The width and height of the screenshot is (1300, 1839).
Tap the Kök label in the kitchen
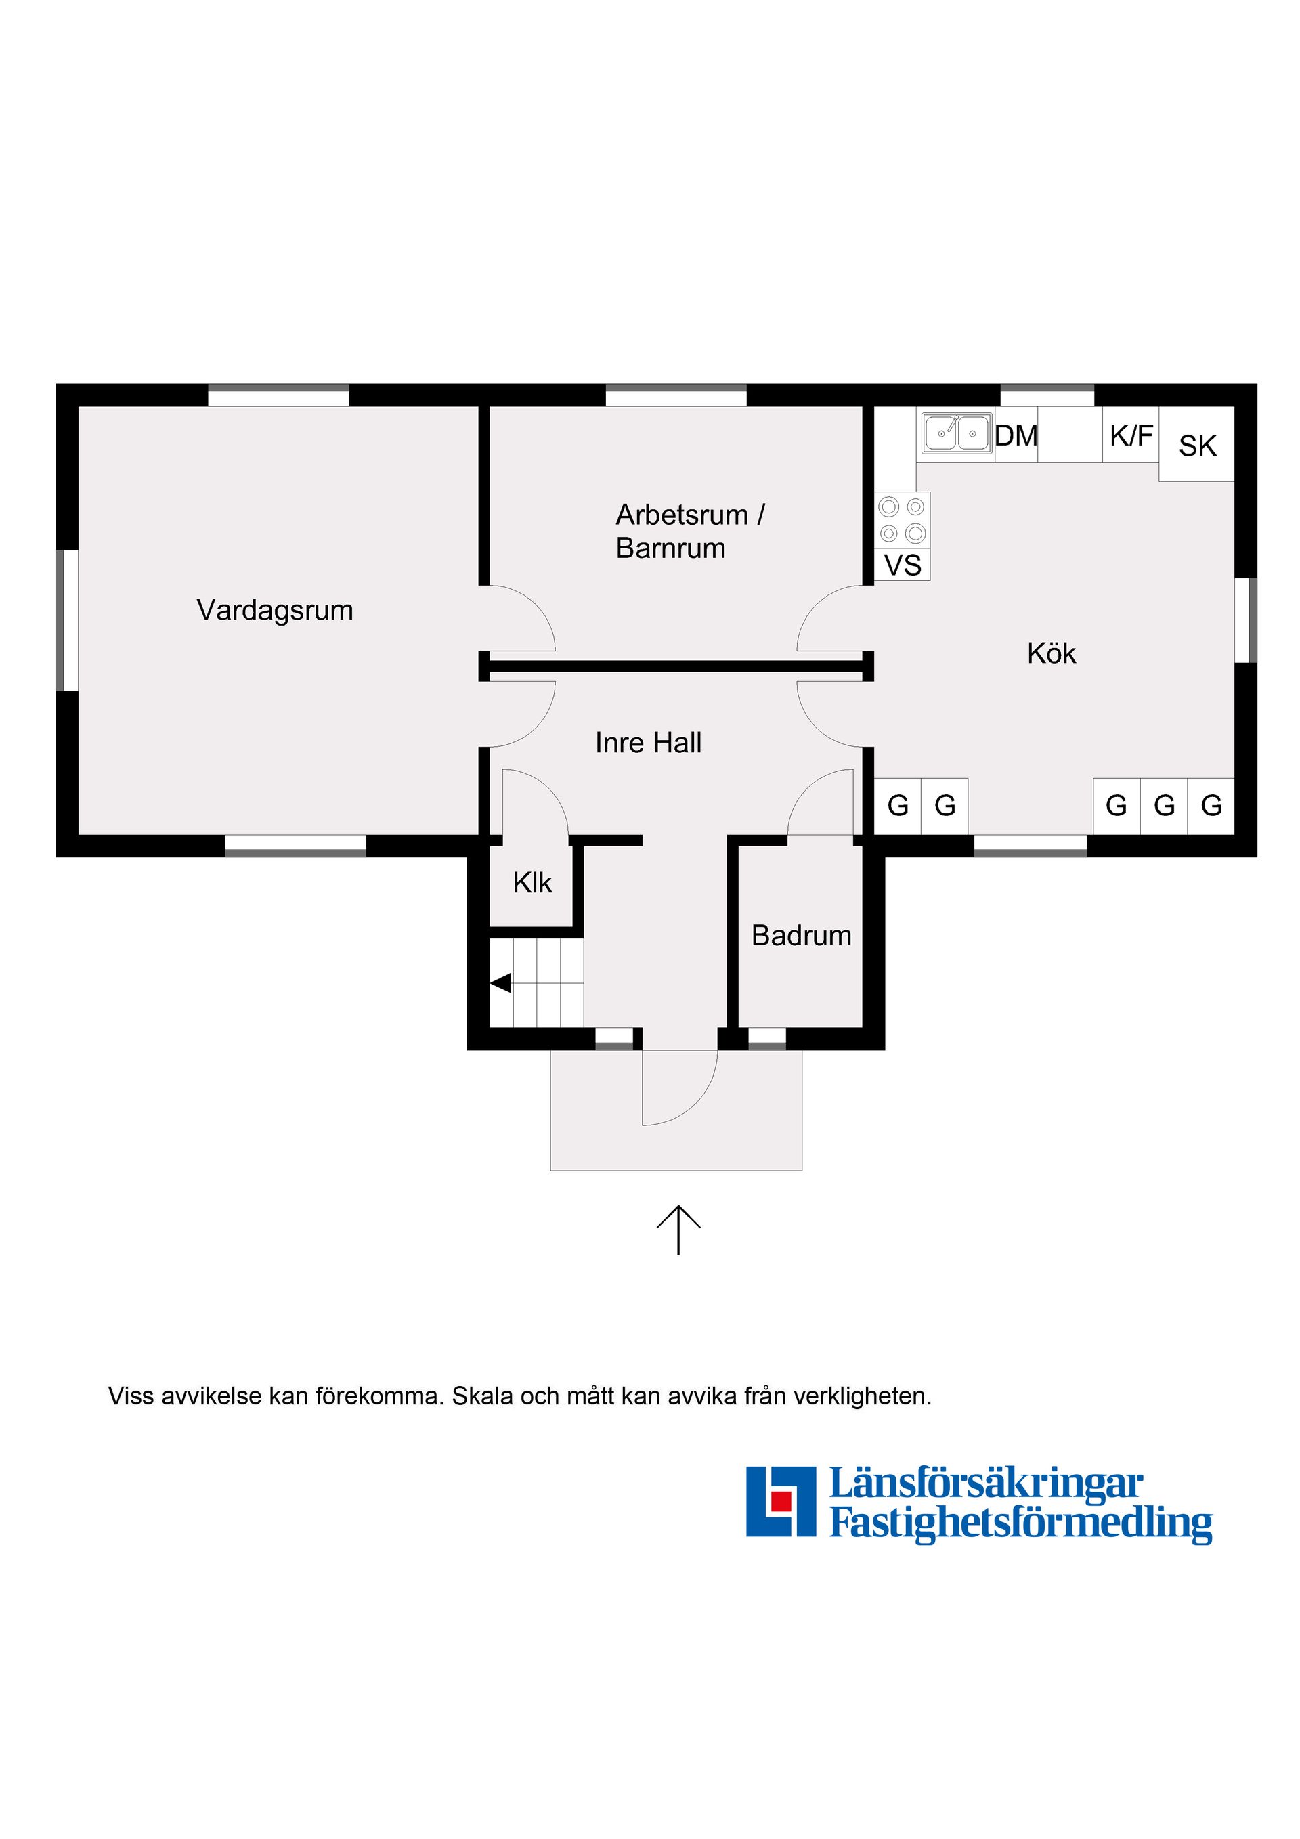[x=1051, y=653]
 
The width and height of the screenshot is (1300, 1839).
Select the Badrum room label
[x=801, y=936]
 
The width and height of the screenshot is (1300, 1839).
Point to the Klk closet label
[x=533, y=883]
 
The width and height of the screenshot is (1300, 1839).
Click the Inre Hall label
[x=648, y=743]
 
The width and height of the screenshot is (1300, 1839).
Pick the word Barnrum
[x=670, y=548]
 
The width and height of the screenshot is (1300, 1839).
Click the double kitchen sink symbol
[x=956, y=433]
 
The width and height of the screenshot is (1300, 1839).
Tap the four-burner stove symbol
[x=902, y=520]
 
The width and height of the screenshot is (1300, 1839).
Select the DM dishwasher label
[x=1016, y=436]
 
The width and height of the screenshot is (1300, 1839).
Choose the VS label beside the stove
[x=903, y=565]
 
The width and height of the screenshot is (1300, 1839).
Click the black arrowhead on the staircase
[x=500, y=982]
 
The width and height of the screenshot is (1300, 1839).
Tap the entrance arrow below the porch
[x=678, y=1230]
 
